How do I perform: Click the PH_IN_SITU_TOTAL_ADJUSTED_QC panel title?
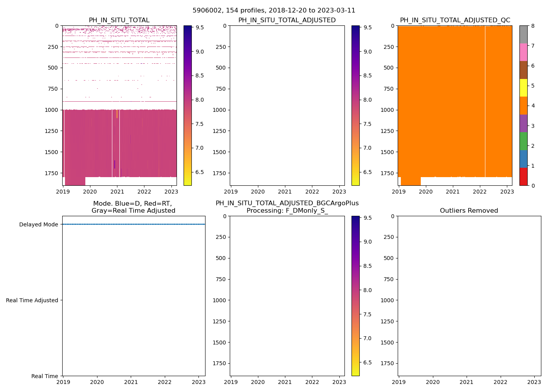pyautogui.click(x=455, y=20)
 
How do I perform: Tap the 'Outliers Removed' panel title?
pyautogui.click(x=469, y=211)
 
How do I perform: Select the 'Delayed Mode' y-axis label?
pyautogui.click(x=38, y=224)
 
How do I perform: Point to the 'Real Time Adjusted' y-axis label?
pyautogui.click(x=32, y=300)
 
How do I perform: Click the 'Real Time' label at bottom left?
pyautogui.click(x=45, y=376)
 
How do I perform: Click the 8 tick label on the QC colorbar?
pyautogui.click(x=533, y=26)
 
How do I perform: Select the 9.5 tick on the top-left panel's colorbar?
pyautogui.click(x=199, y=27)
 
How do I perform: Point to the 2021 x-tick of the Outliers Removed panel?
pyautogui.click(x=466, y=382)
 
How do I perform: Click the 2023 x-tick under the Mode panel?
pyautogui.click(x=198, y=382)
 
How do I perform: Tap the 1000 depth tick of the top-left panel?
pyautogui.click(x=51, y=110)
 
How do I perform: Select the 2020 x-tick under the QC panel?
pyautogui.click(x=425, y=192)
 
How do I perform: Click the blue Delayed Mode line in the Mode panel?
pyautogui.click(x=133, y=224)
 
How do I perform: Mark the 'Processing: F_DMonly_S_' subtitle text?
pyautogui.click(x=287, y=211)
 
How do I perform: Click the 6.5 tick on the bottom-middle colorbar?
pyautogui.click(x=367, y=362)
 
